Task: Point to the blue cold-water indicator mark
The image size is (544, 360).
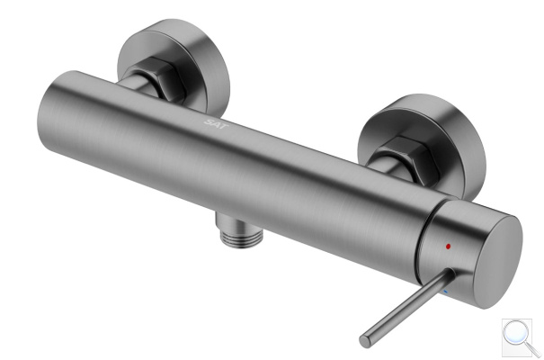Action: pyautogui.click(x=447, y=290)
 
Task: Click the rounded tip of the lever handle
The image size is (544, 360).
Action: pyautogui.click(x=365, y=341)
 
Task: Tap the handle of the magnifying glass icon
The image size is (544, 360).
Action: pyautogui.click(x=532, y=349)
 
